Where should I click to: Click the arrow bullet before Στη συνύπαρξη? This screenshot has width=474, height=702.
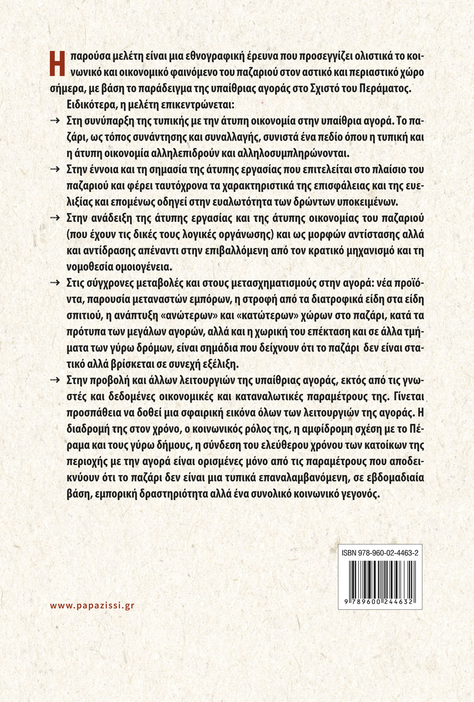click(x=55, y=121)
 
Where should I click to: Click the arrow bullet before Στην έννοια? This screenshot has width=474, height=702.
click(x=55, y=169)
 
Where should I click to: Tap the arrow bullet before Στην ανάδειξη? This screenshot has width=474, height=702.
click(x=55, y=218)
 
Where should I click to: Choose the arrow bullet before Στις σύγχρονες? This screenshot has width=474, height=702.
click(x=55, y=283)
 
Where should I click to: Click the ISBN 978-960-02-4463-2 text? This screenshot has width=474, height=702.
click(x=380, y=553)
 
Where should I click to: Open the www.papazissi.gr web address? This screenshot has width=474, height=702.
click(x=92, y=605)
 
